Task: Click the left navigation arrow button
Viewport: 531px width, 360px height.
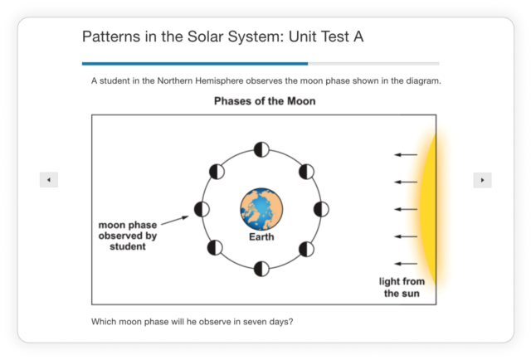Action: coord(49,180)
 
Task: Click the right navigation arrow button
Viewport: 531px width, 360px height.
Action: coord(482,180)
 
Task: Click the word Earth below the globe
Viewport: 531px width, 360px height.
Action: coord(261,237)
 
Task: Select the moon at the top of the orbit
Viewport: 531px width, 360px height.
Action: coord(261,150)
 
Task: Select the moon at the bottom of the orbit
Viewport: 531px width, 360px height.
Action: coord(261,268)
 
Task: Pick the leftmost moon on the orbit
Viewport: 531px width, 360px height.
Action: coord(202,209)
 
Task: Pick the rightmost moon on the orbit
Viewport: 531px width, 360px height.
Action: coord(321,209)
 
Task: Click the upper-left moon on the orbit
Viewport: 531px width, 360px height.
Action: coord(217,172)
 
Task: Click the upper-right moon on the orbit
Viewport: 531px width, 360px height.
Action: coord(305,172)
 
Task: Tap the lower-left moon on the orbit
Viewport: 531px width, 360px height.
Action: coord(217,247)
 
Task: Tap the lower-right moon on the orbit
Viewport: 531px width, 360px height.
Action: coord(305,248)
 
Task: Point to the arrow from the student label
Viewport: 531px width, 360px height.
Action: coord(176,221)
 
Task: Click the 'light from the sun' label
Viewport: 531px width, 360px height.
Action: coord(402,288)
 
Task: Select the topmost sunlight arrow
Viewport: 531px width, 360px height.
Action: coord(405,155)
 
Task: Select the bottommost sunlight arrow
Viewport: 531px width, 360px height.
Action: coord(405,263)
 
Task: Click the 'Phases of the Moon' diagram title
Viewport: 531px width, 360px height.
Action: coord(265,102)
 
